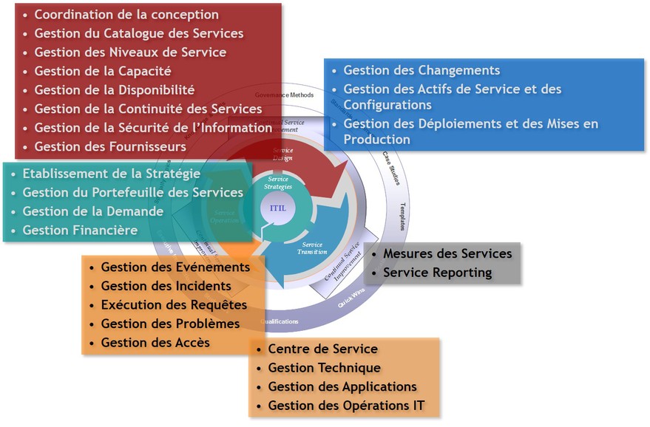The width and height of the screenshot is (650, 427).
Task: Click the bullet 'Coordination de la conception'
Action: click(x=126, y=15)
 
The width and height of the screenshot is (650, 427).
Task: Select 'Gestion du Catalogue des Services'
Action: click(x=138, y=33)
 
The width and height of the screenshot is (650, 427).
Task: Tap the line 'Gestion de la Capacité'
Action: click(x=103, y=71)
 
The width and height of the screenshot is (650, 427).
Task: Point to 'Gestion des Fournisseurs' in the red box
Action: click(x=110, y=147)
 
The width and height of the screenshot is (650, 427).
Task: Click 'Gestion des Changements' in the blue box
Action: click(x=422, y=70)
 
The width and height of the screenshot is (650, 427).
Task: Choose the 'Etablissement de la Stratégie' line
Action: click(x=111, y=174)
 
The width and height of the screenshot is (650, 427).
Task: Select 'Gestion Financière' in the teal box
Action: click(x=80, y=230)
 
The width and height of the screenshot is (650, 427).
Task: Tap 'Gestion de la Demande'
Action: click(x=93, y=211)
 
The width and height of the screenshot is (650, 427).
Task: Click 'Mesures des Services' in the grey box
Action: click(x=447, y=253)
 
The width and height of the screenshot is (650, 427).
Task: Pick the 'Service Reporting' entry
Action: click(x=437, y=273)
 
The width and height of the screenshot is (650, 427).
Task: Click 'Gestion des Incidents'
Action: click(x=166, y=286)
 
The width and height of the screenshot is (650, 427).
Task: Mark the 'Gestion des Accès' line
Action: click(x=155, y=342)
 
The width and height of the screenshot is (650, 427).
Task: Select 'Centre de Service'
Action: click(x=322, y=349)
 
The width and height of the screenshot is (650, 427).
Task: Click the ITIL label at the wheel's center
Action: click(x=278, y=208)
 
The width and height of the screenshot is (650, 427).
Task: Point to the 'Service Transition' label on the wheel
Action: click(x=312, y=248)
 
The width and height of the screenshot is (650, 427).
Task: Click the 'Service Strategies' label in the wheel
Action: click(x=279, y=182)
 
